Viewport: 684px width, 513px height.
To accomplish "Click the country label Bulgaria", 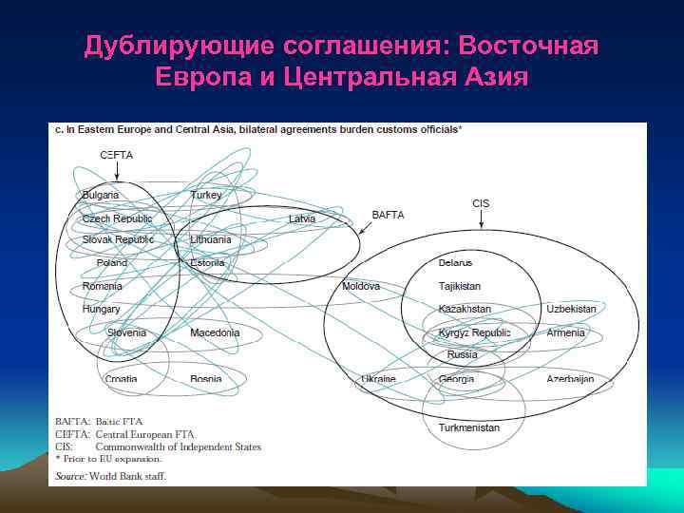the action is (x=101, y=195).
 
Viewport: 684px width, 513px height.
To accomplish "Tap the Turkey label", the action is (x=206, y=195).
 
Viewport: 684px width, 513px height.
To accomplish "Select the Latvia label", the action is (x=302, y=218).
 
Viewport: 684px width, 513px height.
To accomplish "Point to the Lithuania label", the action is (x=211, y=239).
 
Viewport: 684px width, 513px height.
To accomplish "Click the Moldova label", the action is (x=361, y=286).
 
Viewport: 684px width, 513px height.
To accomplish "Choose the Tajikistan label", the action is (x=460, y=286).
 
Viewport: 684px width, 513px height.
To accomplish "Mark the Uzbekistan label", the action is (x=571, y=309).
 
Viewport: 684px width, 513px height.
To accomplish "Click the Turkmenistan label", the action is (x=468, y=427).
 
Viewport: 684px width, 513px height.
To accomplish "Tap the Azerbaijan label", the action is (x=570, y=379).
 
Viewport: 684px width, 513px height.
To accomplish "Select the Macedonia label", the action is (x=215, y=333).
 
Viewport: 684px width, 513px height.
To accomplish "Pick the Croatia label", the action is (x=121, y=379).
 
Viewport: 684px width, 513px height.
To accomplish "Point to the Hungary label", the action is (x=102, y=309).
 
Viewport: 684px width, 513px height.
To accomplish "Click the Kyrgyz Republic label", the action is (x=474, y=332).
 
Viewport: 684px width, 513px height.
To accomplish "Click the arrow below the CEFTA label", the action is (x=116, y=172).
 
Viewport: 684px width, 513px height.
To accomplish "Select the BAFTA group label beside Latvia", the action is (x=388, y=215).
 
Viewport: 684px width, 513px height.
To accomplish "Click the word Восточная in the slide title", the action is (x=528, y=46).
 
